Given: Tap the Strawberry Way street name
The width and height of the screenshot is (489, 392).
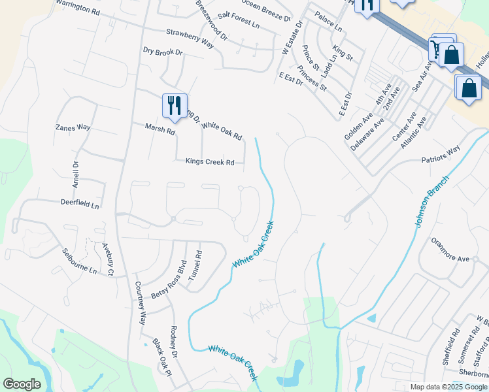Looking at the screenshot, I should (190, 38).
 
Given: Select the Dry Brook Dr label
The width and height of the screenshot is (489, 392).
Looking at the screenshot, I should (163, 51).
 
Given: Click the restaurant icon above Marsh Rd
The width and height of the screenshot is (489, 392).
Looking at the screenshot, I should (175, 105).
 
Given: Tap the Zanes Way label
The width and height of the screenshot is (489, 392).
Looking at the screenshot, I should (73, 127).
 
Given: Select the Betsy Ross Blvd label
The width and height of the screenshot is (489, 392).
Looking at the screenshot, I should (169, 280).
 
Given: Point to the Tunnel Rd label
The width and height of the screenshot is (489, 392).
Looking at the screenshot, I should (195, 266).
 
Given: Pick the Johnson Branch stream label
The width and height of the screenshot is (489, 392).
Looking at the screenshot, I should (432, 201).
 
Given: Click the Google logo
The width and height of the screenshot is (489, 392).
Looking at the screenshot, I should (22, 384).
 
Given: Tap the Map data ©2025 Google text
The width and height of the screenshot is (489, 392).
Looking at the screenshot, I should (448, 387).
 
